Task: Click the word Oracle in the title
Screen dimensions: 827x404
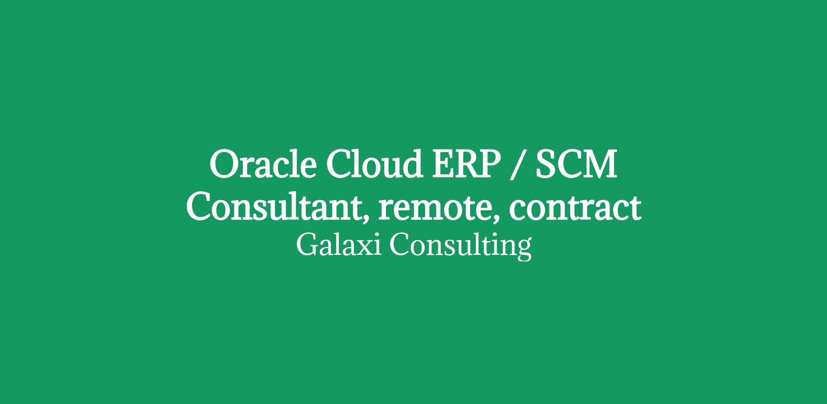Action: click(263, 164)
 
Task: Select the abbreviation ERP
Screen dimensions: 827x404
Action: click(467, 164)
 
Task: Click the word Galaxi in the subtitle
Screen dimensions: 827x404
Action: click(339, 244)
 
